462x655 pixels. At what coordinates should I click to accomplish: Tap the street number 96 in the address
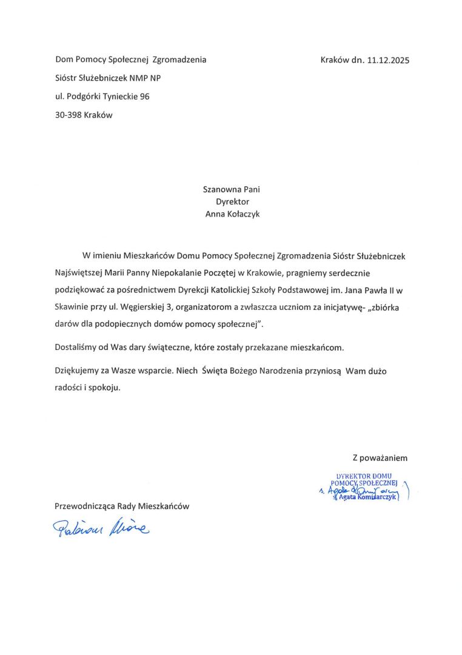pos(144,96)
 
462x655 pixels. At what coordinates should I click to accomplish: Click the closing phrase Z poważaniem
pos(380,458)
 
